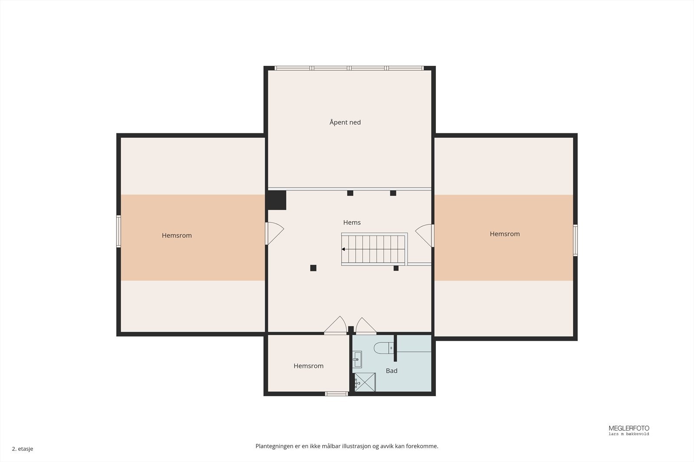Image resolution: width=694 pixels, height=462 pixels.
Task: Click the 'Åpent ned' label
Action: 345,122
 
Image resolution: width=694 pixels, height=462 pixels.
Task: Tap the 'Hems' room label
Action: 352,223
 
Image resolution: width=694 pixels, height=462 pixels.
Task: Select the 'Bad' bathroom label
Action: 392,371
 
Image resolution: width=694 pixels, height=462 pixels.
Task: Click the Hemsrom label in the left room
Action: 177,235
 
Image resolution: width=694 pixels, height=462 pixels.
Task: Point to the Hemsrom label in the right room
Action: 505,234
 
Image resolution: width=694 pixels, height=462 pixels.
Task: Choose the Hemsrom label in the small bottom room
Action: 308,366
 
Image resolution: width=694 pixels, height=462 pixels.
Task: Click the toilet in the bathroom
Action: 383,348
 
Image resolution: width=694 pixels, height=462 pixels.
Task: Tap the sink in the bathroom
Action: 357,359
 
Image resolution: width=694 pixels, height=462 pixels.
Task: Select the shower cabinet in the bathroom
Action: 365,382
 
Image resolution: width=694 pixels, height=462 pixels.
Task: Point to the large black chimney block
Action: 277,200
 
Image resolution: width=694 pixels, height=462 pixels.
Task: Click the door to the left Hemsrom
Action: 275,233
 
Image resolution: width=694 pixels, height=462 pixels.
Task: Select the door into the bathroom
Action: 366,326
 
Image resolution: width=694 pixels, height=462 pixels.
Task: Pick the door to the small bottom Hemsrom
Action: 336,325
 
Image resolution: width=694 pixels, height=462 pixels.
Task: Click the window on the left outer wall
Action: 118,231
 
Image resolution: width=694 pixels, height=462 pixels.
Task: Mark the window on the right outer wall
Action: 575,240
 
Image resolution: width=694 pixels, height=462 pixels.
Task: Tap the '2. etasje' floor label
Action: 23,449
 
